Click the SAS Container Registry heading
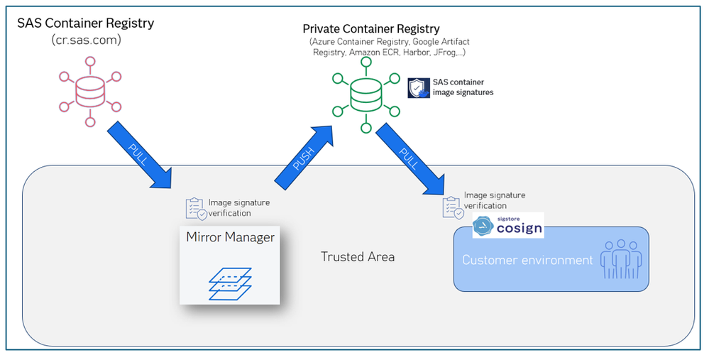pyautogui.click(x=85, y=23)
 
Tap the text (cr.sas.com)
pyautogui.click(x=87, y=40)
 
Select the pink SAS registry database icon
pyautogui.click(x=90, y=88)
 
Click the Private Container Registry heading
pyautogui.click(x=371, y=29)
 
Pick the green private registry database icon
pyautogui.click(x=366, y=95)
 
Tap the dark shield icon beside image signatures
pyautogui.click(x=417, y=87)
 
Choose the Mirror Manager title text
pyautogui.click(x=230, y=237)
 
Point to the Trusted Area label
pyautogui.click(x=358, y=256)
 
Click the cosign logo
pyautogui.click(x=508, y=226)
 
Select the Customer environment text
pyautogui.click(x=527, y=260)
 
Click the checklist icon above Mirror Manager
pyautogui.click(x=196, y=208)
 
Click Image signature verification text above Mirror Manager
pyautogui.click(x=238, y=207)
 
